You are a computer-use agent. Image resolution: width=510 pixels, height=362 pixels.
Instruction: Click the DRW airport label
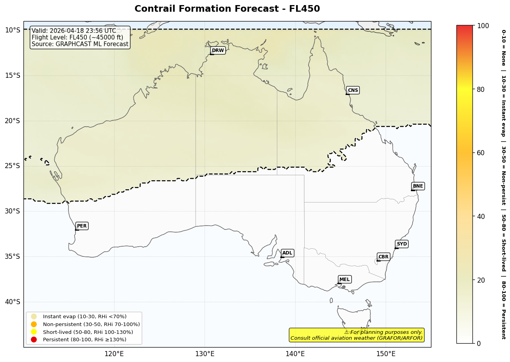click(218, 50)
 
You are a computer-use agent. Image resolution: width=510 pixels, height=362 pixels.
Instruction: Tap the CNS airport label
click(353, 90)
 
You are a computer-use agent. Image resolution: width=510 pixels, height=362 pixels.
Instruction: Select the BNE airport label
click(418, 186)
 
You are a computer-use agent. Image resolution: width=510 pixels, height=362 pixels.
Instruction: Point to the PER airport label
click(82, 226)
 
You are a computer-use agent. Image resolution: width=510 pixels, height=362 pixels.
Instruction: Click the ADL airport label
click(287, 253)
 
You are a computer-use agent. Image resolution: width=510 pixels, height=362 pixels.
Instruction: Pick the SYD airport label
click(402, 244)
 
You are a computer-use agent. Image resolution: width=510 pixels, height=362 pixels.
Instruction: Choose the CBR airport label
click(383, 257)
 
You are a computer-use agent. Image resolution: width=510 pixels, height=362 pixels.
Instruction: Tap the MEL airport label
click(345, 280)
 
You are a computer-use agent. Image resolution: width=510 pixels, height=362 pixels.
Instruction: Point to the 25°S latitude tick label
click(12, 166)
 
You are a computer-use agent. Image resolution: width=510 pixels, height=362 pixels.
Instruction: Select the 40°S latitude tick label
click(12, 302)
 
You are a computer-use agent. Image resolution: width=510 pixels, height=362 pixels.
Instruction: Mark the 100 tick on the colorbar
click(483, 25)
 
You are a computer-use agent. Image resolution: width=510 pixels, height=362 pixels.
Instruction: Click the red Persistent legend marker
click(34, 339)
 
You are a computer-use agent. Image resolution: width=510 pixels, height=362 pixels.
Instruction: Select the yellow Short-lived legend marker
click(34, 332)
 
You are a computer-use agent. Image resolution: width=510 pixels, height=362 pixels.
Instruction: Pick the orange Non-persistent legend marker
click(34, 324)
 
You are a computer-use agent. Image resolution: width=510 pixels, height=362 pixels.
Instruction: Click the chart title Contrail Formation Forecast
click(227, 9)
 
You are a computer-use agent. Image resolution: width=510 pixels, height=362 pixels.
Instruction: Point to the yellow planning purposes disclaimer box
click(356, 335)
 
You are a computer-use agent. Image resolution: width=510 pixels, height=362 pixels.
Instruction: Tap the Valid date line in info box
click(74, 31)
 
